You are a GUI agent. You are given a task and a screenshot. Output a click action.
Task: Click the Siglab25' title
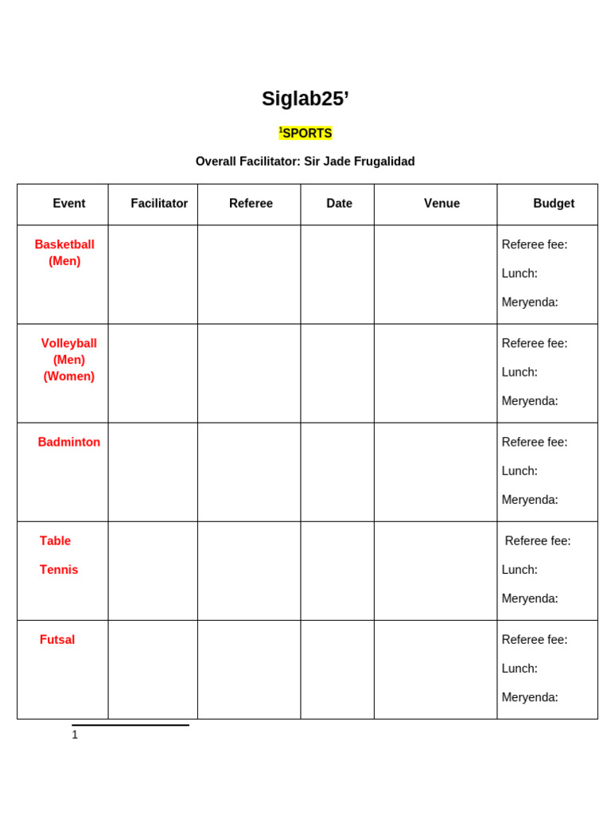click(305, 99)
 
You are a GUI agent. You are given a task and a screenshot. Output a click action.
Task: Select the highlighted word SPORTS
click(307, 133)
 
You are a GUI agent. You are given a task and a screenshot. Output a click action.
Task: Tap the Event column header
click(69, 204)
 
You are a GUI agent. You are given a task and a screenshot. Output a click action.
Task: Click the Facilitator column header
click(159, 204)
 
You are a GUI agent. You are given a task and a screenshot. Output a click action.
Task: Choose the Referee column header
click(251, 204)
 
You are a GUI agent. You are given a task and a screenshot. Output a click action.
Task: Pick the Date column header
click(339, 204)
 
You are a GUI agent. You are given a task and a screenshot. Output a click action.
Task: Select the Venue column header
click(442, 204)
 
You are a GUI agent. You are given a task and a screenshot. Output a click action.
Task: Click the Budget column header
click(554, 204)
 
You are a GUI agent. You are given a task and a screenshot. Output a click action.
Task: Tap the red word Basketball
click(64, 244)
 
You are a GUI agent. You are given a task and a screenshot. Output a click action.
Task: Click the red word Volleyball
click(69, 343)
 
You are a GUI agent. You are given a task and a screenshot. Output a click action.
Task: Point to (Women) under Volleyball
click(69, 376)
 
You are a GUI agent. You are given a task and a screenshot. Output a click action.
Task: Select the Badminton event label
click(69, 443)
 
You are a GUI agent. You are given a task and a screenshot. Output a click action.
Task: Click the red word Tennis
click(59, 570)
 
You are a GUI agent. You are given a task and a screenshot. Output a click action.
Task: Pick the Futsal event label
click(57, 640)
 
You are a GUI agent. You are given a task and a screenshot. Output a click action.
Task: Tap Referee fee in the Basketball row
click(535, 244)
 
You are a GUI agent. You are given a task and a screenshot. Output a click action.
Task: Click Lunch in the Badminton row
click(520, 471)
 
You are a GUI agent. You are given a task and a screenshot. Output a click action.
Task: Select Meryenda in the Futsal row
click(530, 697)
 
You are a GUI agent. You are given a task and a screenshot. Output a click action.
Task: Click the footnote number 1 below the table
click(75, 735)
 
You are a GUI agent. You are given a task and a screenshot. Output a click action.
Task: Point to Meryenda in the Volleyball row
click(530, 401)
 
